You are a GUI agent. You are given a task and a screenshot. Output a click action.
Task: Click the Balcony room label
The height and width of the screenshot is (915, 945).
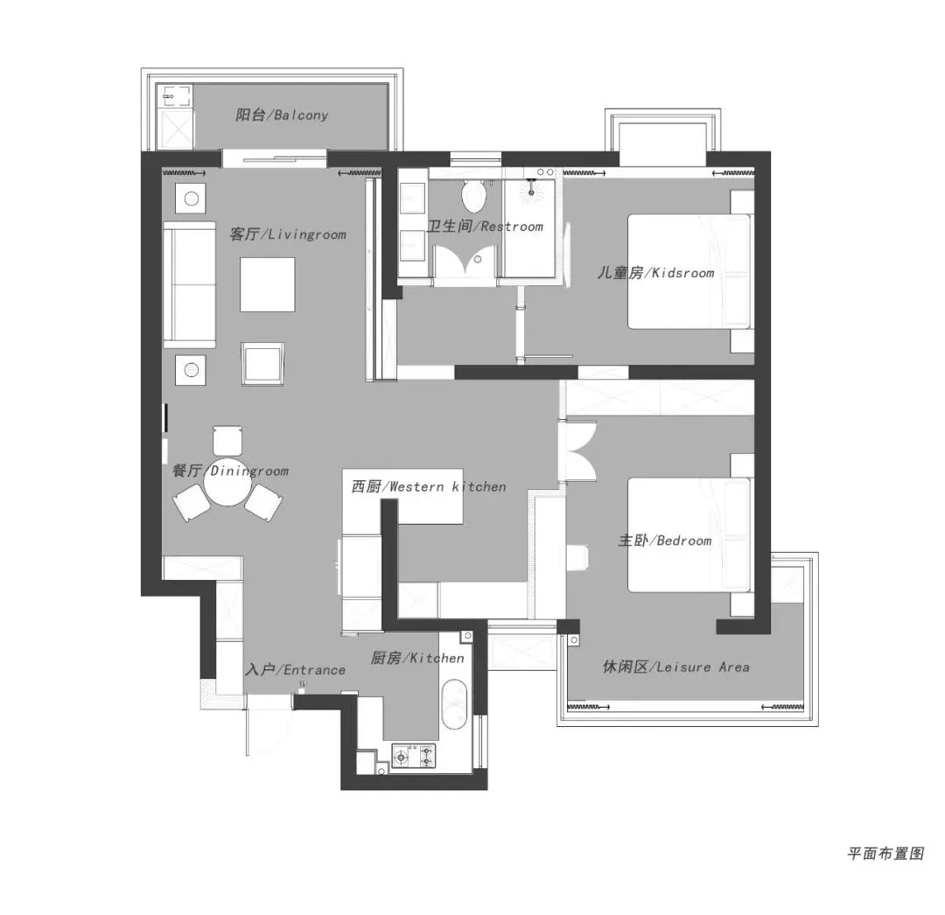pos(282,115)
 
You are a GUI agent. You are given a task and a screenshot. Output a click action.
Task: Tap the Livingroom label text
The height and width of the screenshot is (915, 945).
pos(288,234)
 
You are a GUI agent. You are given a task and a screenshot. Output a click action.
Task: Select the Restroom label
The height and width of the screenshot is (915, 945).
pos(485,226)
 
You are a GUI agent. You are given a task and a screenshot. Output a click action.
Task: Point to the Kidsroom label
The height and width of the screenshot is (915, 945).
pos(655,272)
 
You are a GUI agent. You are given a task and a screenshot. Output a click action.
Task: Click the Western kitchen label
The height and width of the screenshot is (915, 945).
pos(429,486)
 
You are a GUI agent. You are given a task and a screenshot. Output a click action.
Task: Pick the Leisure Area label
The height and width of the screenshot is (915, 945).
pos(676,667)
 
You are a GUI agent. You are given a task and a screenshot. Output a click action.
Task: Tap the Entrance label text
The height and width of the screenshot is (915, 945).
pos(296,669)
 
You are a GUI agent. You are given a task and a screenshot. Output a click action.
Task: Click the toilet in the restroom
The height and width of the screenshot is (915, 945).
pos(473,194)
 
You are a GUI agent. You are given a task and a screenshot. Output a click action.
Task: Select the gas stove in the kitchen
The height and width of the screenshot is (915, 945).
pos(414,756)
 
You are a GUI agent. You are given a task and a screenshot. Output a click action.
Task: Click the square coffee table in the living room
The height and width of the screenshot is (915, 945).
pos(268,284)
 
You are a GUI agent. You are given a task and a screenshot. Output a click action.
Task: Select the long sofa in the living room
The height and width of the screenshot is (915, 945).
pos(189,284)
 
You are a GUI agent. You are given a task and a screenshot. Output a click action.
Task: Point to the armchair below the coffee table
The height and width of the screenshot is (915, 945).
pos(262,363)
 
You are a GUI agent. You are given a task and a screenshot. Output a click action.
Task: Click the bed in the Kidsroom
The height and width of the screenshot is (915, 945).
pos(690,271)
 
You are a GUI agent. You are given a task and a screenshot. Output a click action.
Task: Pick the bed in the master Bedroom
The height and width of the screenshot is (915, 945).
pos(690,534)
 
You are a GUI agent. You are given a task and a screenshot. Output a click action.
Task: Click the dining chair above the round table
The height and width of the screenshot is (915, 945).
pos(227,440)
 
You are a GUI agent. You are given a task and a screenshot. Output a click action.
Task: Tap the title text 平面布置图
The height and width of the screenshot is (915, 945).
pos(885,853)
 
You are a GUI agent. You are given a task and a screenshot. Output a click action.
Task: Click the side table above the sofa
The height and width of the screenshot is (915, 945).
pos(191,199)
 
